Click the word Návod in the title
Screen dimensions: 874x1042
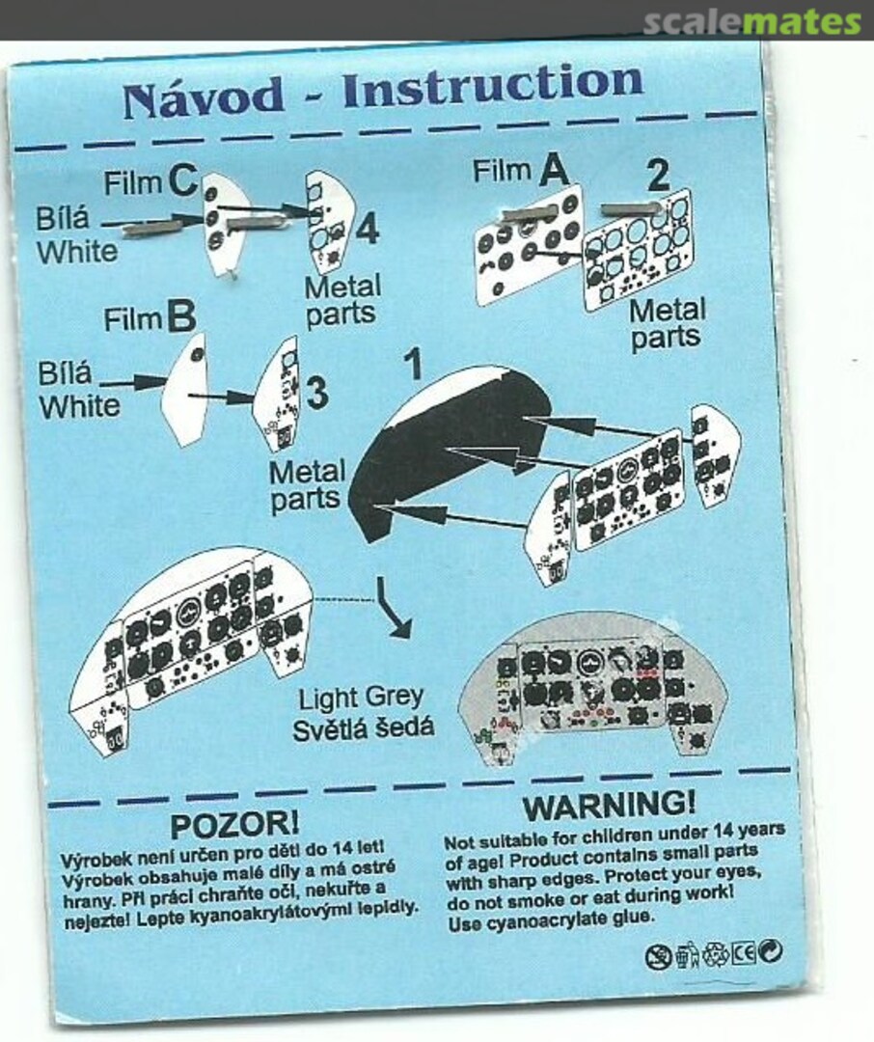(204, 97)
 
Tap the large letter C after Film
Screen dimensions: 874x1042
(182, 180)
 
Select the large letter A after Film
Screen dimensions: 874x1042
(554, 171)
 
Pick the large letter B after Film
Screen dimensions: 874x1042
(181, 317)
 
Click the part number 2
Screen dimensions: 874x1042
(657, 175)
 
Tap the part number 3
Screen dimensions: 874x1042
(317, 394)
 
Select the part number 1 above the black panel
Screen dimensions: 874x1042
(414, 364)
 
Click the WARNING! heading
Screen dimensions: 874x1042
(609, 806)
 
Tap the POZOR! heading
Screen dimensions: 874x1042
(234, 825)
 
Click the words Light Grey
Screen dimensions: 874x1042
(360, 699)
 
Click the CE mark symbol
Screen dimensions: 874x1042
(744, 953)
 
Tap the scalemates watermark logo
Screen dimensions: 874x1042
(751, 22)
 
